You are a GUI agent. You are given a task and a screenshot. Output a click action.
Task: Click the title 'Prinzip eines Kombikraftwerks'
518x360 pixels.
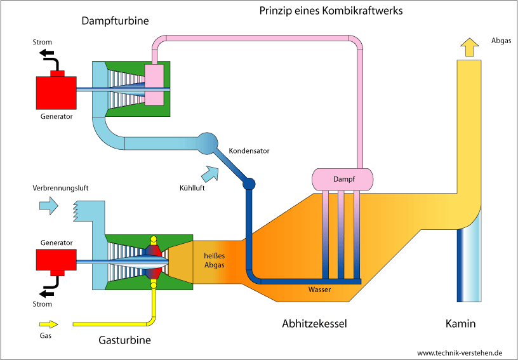[x=331, y=11]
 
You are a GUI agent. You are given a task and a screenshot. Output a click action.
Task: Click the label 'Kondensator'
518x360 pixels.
[x=249, y=151]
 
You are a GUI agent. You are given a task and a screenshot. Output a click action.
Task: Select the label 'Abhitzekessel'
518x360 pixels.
[x=314, y=324]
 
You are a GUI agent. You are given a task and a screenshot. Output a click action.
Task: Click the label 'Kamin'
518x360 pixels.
[x=460, y=324]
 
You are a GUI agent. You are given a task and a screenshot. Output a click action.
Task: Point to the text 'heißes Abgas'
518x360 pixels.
[x=213, y=260]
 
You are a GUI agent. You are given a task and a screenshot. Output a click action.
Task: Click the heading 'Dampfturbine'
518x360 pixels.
[x=116, y=21]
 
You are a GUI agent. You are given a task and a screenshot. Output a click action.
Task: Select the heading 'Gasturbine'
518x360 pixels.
[x=125, y=340]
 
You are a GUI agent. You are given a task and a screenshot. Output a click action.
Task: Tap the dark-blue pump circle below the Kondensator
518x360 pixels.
[x=249, y=184]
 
